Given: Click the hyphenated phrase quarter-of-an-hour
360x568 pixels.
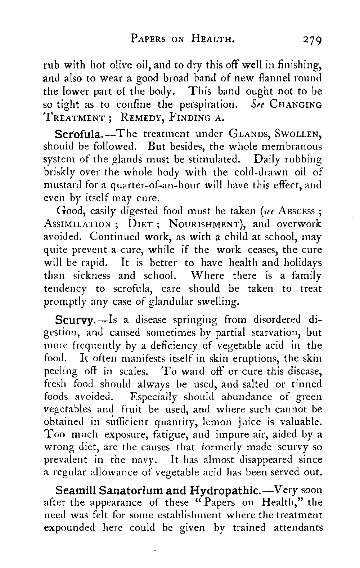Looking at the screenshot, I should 148,186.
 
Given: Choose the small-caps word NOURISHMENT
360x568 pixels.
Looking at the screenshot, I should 206,224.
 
